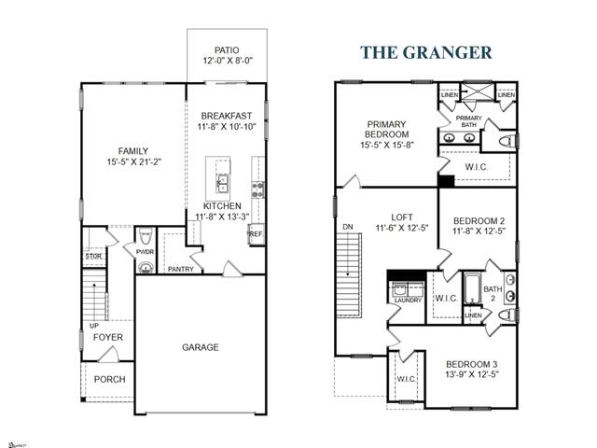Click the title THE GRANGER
pos(426,52)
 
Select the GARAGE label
pos(200,347)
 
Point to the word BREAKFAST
pos(227,115)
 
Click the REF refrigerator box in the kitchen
pos(256,235)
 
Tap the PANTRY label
pos(180,269)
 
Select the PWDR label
pos(145,251)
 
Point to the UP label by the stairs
pos(93,326)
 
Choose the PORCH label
pos(109,379)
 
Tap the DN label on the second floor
pos(348,227)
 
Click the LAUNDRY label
pos(408,301)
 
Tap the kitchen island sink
pos(223,181)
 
